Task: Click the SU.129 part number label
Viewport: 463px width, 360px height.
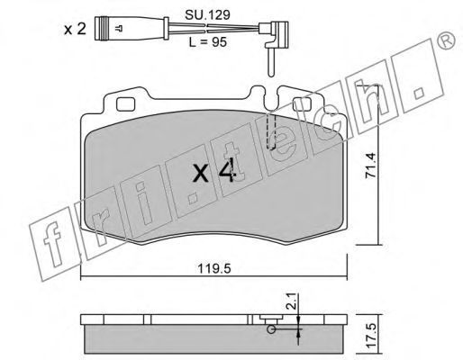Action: [207, 14]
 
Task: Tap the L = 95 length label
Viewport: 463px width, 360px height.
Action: [207, 42]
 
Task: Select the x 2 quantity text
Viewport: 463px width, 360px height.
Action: [75, 30]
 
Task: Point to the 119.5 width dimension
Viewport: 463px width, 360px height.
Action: [214, 269]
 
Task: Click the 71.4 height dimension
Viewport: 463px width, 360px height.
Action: [370, 166]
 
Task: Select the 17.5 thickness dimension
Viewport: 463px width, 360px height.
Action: [370, 336]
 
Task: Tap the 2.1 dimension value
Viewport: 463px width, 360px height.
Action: [292, 301]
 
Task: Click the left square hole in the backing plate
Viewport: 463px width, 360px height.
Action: [125, 104]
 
